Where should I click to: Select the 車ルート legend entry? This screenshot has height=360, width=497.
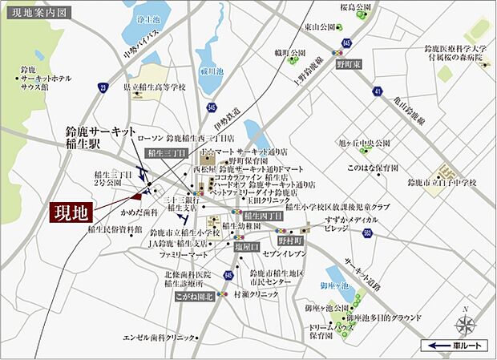[x=454, y=346]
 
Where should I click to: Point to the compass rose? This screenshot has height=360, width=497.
[x=464, y=325]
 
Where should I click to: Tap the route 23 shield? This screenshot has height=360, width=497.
[x=103, y=87]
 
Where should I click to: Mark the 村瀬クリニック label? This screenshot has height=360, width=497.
[x=257, y=295]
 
